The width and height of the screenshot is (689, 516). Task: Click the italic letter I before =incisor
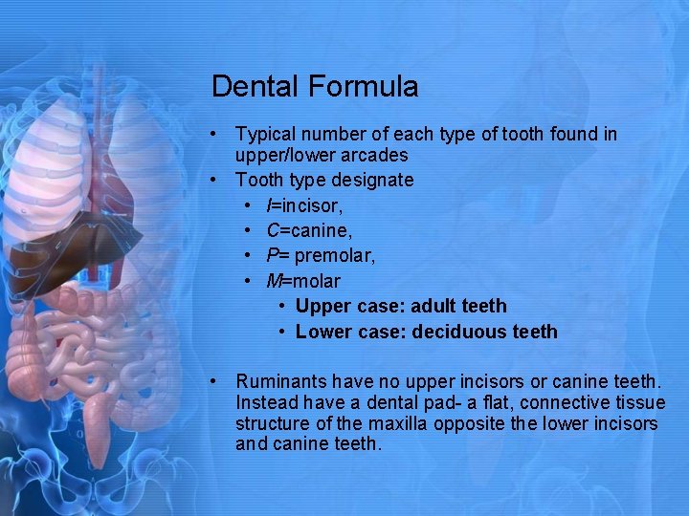pos(269,205)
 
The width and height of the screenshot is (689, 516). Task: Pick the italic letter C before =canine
pos(273,230)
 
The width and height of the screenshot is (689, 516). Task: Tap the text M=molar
pos(303,281)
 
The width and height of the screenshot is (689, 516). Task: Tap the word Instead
pos(266,402)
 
